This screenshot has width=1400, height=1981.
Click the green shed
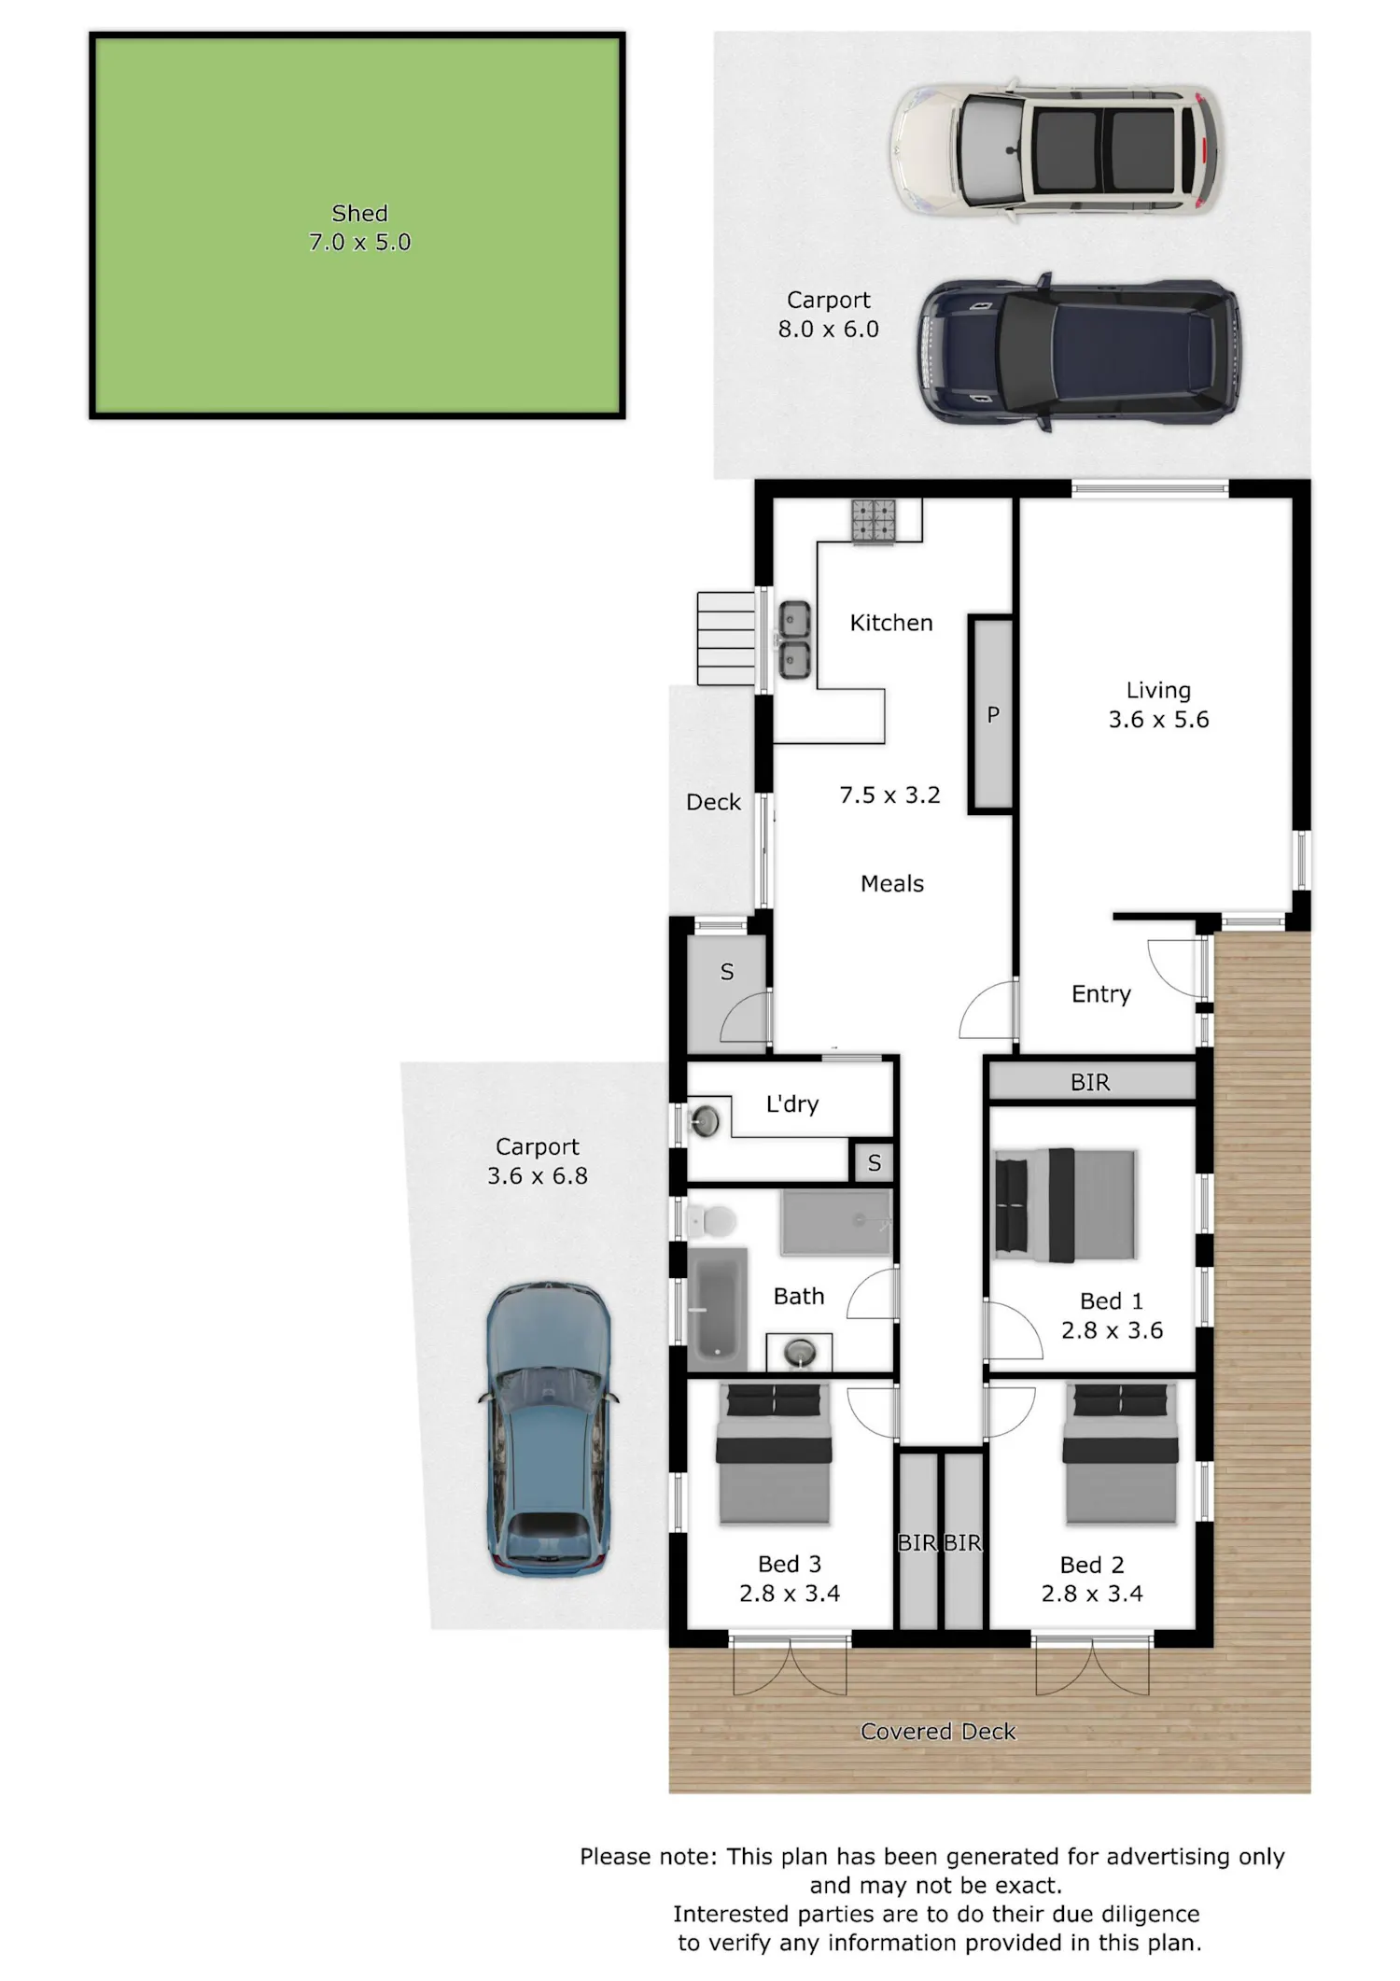pyautogui.click(x=357, y=225)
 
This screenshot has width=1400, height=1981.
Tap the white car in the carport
pyautogui.click(x=1055, y=150)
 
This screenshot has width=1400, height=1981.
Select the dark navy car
pyautogui.click(x=1080, y=353)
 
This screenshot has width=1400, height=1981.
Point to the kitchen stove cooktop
pyautogui.click(x=873, y=520)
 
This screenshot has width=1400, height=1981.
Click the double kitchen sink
pyautogui.click(x=794, y=639)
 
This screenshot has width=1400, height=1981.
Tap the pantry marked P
pyautogui.click(x=992, y=714)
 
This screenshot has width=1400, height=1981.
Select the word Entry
pyautogui.click(x=1101, y=994)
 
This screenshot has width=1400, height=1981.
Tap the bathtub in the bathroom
pyautogui.click(x=718, y=1306)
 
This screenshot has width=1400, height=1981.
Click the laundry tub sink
pyautogui.click(x=705, y=1120)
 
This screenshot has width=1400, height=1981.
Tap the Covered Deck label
pyautogui.click(x=938, y=1732)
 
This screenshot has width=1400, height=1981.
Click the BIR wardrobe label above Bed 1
pyautogui.click(x=1090, y=1082)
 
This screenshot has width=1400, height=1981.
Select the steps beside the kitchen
pyautogui.click(x=726, y=639)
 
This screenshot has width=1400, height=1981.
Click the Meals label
pyautogui.click(x=892, y=883)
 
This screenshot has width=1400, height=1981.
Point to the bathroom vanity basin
pyautogui.click(x=800, y=1350)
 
